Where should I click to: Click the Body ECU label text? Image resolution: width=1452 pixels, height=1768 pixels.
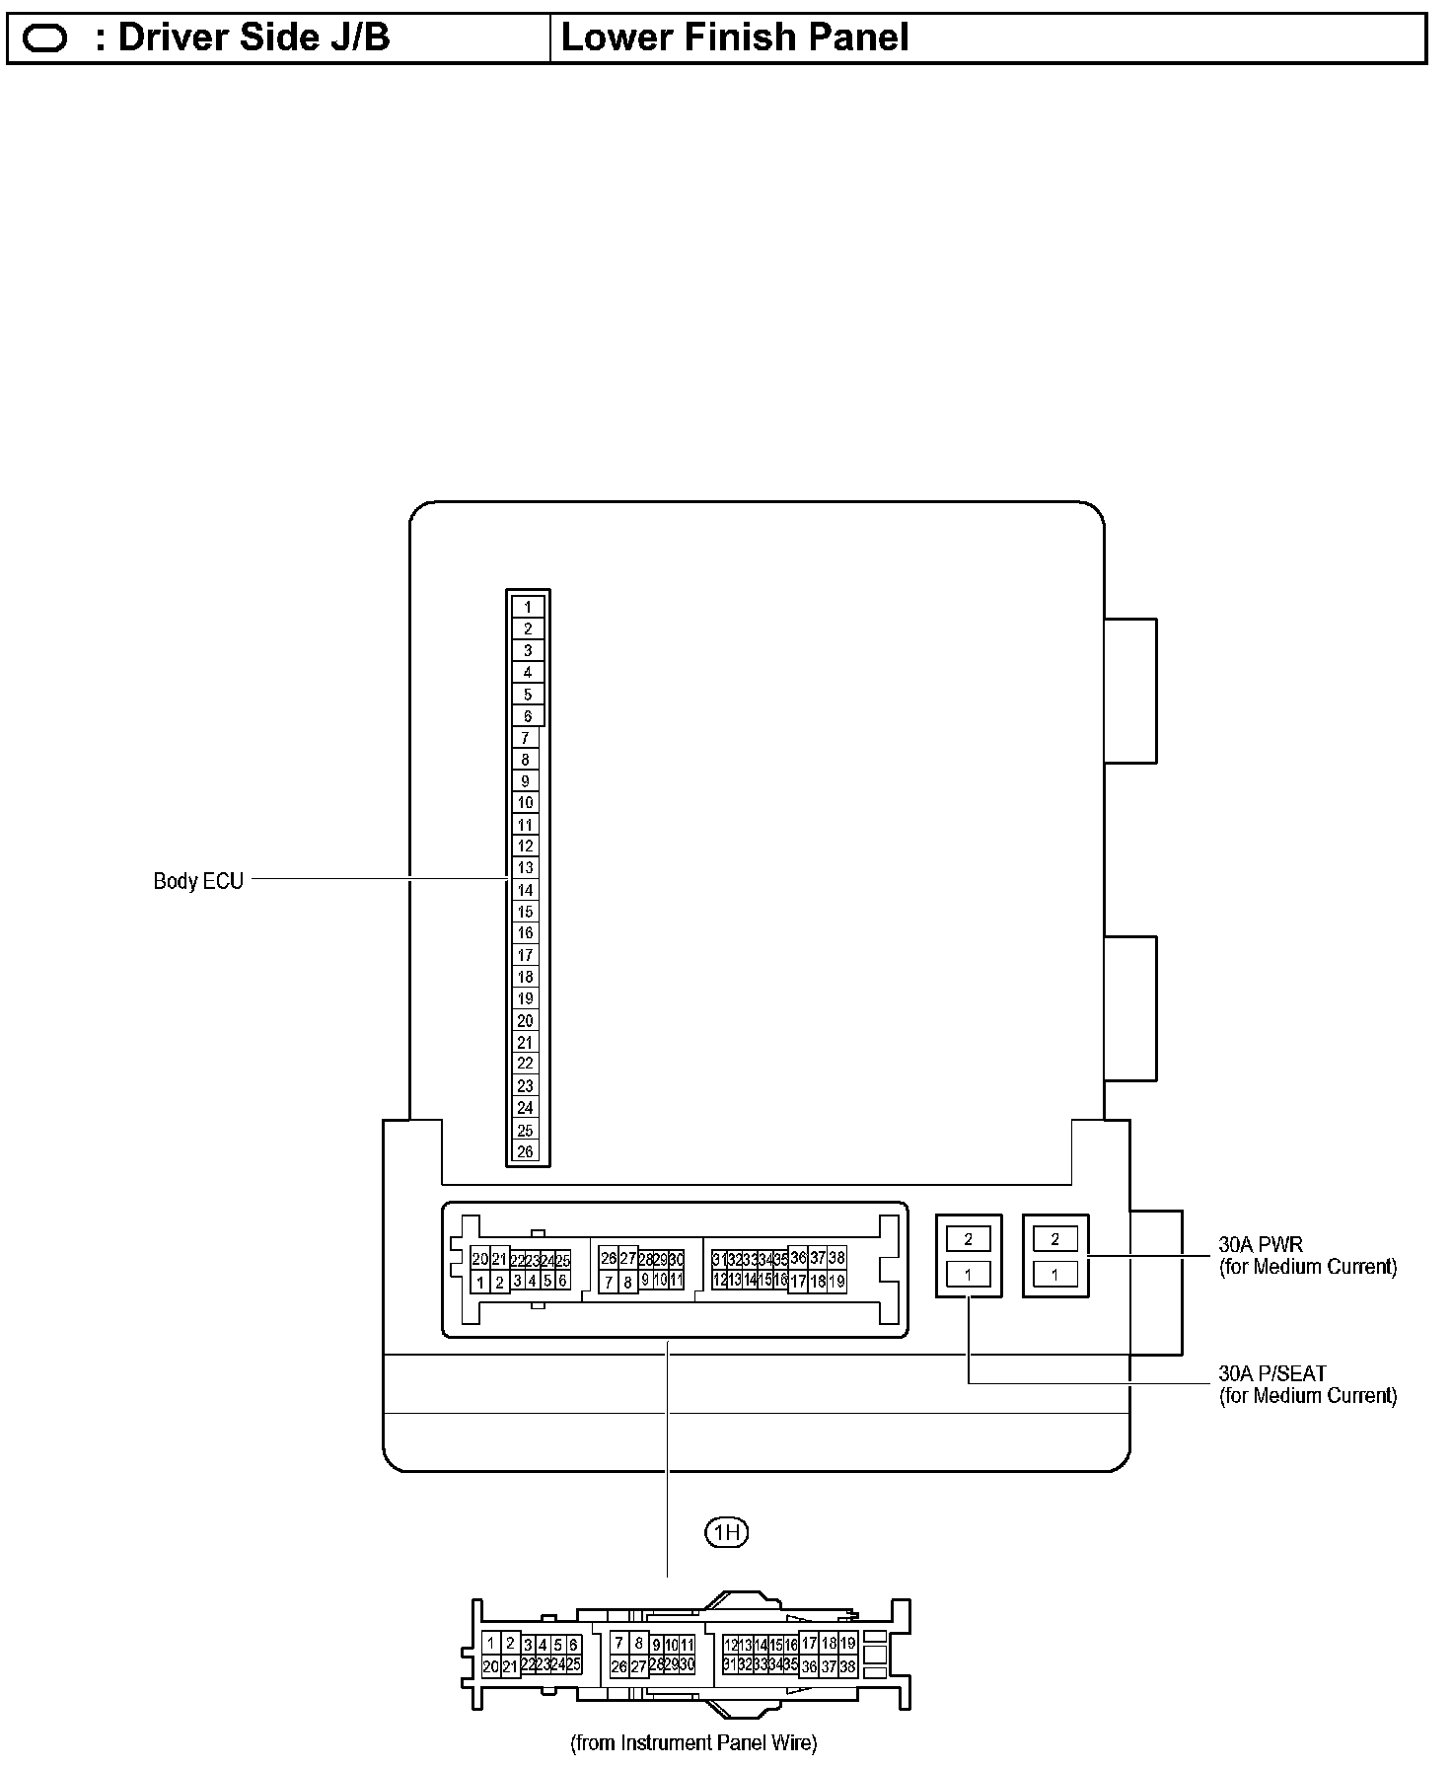197,881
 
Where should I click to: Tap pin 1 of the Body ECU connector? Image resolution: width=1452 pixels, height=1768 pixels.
528,607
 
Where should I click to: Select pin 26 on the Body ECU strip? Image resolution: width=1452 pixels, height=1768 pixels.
525,1151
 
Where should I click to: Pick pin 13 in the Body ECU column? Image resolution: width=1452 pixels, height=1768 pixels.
526,867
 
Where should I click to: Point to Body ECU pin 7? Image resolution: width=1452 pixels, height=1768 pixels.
525,738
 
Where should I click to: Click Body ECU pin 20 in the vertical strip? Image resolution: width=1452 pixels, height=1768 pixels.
525,1020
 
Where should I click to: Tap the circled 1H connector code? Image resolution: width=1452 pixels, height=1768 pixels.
727,1532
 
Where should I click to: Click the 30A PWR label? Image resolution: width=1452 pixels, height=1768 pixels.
1261,1245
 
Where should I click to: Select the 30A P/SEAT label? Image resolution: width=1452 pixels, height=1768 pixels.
1272,1373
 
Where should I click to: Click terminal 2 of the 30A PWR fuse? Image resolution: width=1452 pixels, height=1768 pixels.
1055,1239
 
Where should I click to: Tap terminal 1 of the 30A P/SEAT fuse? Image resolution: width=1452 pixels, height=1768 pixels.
969,1275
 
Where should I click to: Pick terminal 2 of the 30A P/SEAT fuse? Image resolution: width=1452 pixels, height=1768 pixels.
969,1239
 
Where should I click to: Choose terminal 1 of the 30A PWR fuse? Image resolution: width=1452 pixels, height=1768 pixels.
1055,1275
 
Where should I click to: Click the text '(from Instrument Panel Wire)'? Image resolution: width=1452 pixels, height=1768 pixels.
693,1743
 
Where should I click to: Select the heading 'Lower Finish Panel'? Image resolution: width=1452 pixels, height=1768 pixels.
734,38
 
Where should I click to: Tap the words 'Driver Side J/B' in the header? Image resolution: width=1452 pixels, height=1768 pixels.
254,38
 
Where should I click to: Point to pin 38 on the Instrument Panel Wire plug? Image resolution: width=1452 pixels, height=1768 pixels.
846,1666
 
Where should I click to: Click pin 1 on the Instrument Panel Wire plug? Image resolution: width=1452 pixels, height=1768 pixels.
490,1644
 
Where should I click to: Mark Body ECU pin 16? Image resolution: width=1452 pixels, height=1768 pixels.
526,932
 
